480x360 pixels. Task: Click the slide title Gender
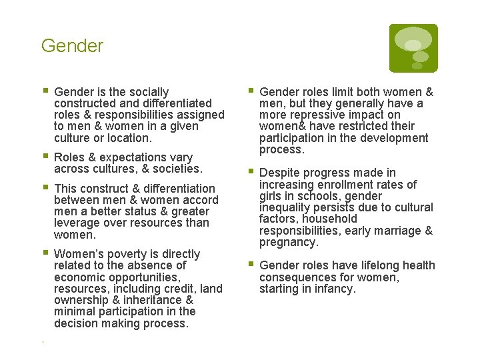click(x=72, y=46)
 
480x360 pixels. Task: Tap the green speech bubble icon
click(x=413, y=48)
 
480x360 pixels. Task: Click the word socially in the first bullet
click(x=148, y=92)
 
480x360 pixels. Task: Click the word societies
click(x=177, y=169)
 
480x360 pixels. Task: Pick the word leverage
click(x=78, y=223)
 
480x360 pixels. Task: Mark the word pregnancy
click(x=288, y=242)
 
